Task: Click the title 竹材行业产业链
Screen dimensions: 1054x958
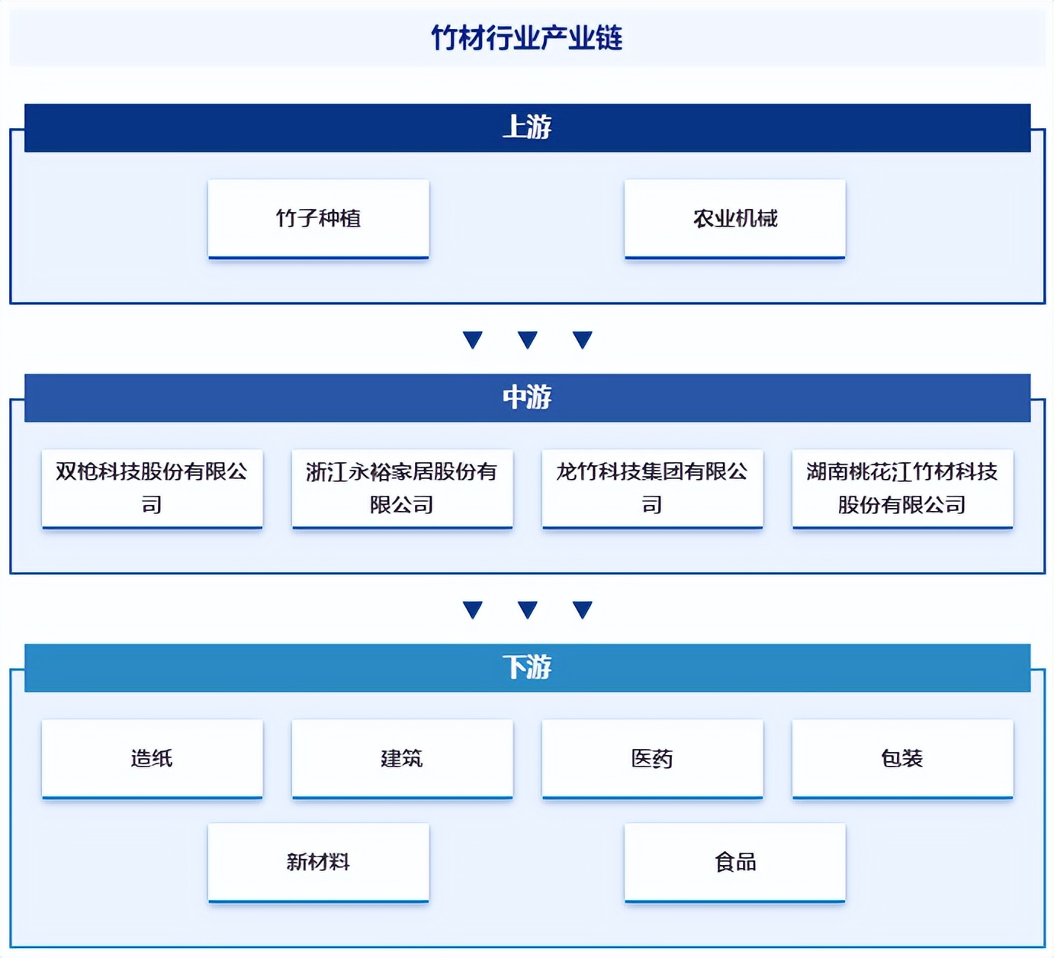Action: (x=527, y=38)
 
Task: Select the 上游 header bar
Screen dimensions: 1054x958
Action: (x=528, y=127)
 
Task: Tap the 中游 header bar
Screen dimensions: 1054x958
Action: (x=528, y=398)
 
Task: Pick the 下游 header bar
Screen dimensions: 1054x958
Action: (x=528, y=668)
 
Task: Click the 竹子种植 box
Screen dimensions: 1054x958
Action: (x=318, y=219)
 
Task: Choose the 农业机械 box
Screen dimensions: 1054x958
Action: (x=735, y=219)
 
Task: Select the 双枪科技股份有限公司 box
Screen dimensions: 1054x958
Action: (x=153, y=489)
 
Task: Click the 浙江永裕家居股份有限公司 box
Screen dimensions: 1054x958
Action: (x=403, y=489)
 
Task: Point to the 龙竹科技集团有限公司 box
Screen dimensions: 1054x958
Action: (x=653, y=489)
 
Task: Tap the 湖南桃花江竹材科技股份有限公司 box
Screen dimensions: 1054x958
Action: (x=903, y=489)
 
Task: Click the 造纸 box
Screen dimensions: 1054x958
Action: (x=153, y=759)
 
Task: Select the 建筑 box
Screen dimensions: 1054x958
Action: (x=403, y=759)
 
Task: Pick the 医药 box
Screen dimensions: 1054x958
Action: (x=653, y=759)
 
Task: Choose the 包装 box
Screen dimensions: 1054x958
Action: (x=903, y=759)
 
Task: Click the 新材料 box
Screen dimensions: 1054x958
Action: (x=318, y=863)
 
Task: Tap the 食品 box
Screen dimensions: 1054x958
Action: (x=735, y=863)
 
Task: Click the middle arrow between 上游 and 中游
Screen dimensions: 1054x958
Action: (x=528, y=339)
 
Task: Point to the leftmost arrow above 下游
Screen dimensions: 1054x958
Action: (x=473, y=609)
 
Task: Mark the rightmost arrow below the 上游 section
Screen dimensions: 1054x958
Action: (x=582, y=339)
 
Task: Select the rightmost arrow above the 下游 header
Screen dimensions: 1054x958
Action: (x=582, y=609)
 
